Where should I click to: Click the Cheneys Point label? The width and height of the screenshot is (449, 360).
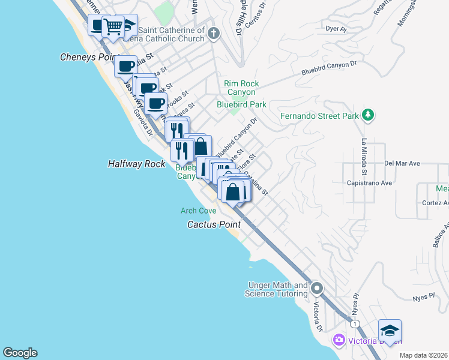click(x=86, y=57)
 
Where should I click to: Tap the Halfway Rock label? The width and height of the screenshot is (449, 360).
click(x=136, y=163)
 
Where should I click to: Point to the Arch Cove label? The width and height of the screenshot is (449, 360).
click(x=199, y=211)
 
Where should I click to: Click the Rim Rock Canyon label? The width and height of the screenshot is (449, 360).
click(x=240, y=88)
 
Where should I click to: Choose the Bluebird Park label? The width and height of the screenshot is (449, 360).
click(x=241, y=104)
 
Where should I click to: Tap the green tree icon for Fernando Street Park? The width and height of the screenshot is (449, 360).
click(x=369, y=115)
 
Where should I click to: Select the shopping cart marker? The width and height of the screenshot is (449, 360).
click(x=113, y=26)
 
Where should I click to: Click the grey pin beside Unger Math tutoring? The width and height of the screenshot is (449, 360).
click(x=317, y=289)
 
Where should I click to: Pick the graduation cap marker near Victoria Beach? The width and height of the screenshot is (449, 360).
click(x=390, y=331)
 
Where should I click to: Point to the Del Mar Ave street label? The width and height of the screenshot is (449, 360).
click(x=402, y=163)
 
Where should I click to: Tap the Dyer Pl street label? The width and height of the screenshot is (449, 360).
click(x=336, y=28)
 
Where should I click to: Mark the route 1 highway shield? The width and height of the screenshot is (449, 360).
click(x=356, y=323)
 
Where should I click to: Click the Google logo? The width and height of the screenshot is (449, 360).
click(x=20, y=353)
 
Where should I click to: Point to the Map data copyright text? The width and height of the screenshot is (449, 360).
click(x=424, y=355)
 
